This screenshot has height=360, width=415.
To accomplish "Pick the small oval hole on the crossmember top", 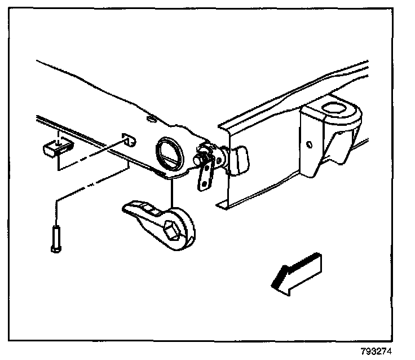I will coord(151,119).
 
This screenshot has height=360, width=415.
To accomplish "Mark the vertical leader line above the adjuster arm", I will coord(171,192).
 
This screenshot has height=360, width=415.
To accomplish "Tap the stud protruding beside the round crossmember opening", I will coord(198,159).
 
